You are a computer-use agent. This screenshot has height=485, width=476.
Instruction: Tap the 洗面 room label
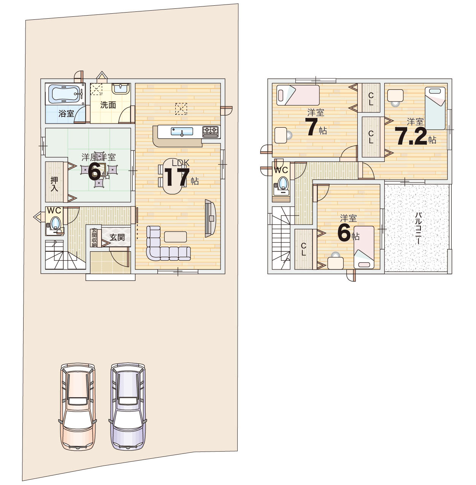tap(108, 105)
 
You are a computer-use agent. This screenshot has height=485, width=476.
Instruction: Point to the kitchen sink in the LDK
tap(182, 132)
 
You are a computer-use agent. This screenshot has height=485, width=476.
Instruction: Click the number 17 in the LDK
tap(177, 177)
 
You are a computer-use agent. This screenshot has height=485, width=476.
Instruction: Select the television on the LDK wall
tap(210, 218)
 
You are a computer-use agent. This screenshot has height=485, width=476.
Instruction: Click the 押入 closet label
tap(54, 184)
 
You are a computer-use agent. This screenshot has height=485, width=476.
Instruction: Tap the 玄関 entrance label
tap(117, 237)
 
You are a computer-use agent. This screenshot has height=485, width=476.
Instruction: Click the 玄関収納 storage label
tap(94, 237)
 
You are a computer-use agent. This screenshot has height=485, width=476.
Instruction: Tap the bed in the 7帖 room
tap(298, 95)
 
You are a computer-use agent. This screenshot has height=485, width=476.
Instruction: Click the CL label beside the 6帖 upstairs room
tap(303, 249)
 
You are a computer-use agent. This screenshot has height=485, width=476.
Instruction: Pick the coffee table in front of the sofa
tap(176, 236)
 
